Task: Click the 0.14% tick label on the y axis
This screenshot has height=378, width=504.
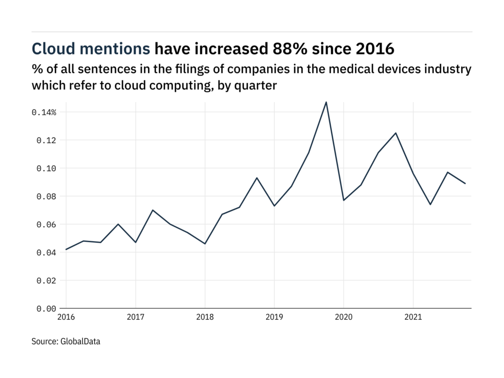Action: coord(44,112)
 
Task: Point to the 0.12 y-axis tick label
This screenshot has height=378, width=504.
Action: coord(46,140)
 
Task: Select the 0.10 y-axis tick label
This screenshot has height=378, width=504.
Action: coord(46,169)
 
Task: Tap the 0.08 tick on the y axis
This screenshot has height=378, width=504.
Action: coord(46,197)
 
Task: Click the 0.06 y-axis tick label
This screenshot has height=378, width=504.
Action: coord(46,224)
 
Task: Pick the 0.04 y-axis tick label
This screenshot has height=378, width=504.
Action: coord(46,253)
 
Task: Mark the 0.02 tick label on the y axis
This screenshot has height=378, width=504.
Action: coord(46,281)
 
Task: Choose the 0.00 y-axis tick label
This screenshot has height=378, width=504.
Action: coord(46,309)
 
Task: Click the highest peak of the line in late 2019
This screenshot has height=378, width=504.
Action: coord(326,103)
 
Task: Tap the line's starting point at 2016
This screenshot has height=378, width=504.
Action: coord(66,249)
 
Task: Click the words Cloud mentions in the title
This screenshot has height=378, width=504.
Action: coord(91,49)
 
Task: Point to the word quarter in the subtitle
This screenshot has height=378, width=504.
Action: coord(259,86)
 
